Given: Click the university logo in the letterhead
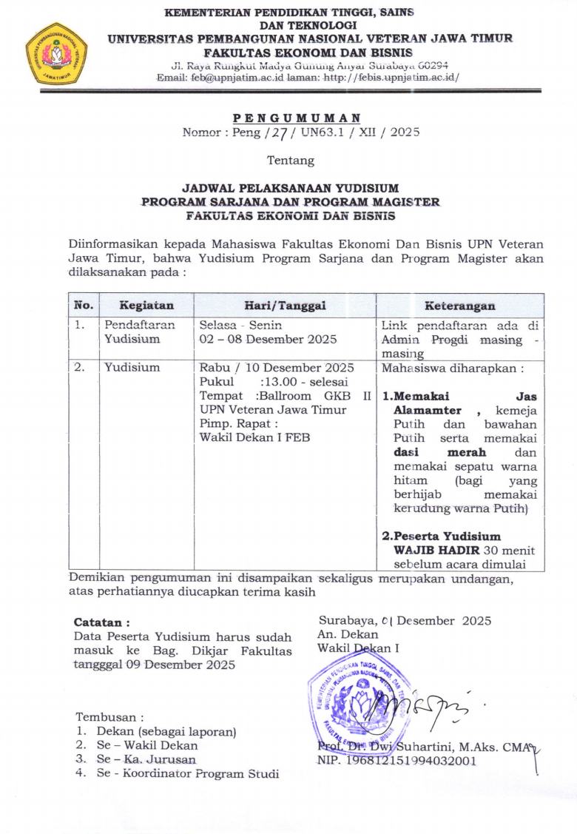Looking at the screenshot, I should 56,54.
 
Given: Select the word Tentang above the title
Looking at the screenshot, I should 290,161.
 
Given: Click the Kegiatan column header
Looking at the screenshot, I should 146,306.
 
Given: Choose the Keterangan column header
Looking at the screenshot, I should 459,306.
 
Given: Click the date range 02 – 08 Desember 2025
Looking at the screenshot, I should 268,339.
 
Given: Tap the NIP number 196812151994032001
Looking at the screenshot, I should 397,760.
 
